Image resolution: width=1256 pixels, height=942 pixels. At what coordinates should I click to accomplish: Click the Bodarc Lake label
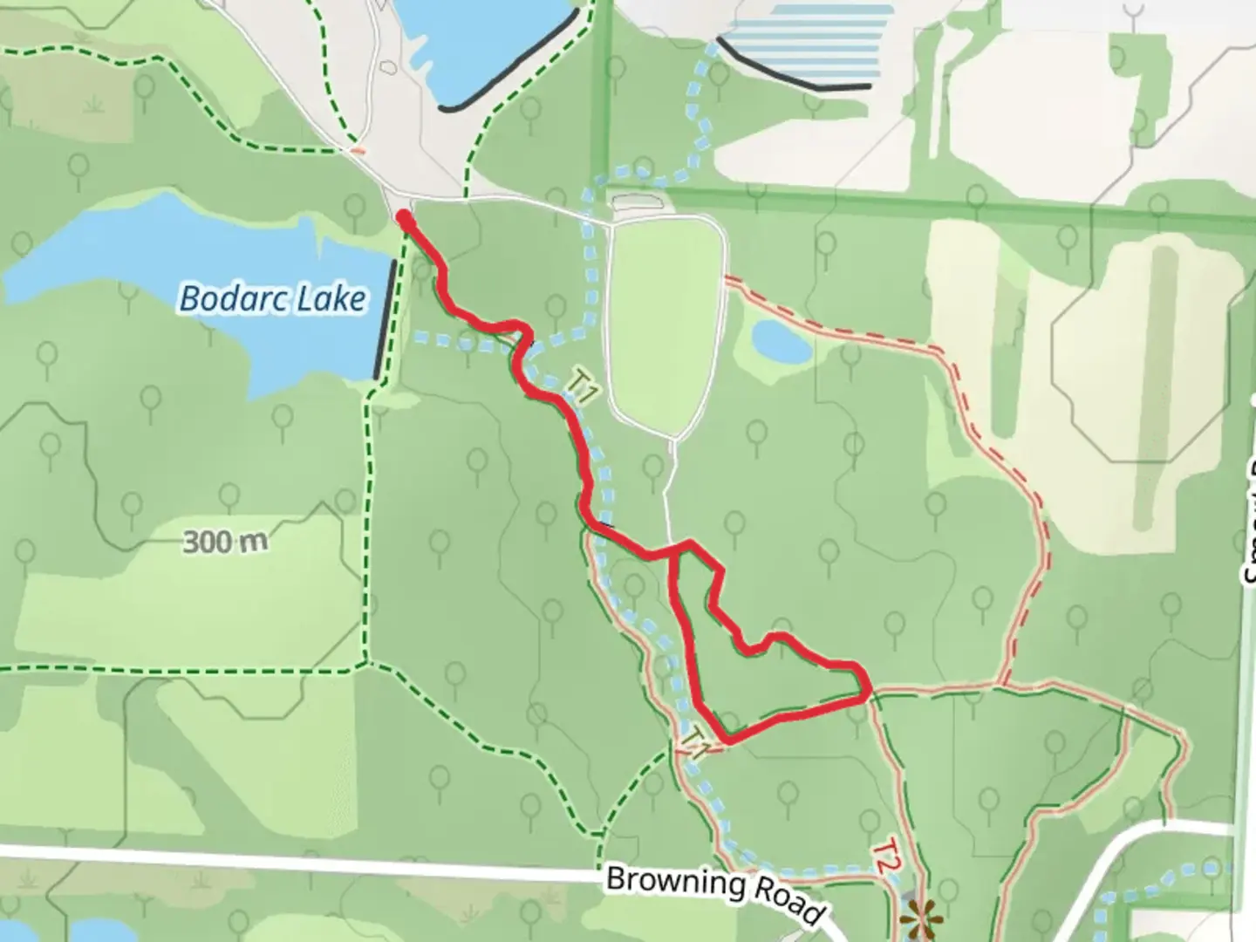click(272, 299)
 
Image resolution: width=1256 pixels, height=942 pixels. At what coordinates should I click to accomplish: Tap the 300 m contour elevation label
click(225, 543)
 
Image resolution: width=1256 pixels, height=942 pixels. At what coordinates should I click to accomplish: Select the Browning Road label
click(713, 891)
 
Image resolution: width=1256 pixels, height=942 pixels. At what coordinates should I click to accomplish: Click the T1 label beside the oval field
click(582, 385)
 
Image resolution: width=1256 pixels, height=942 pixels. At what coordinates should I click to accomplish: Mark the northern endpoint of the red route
click(404, 215)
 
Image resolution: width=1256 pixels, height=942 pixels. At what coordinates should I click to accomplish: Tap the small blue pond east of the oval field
click(782, 341)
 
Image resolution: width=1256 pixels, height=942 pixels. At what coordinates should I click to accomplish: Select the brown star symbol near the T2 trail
click(921, 920)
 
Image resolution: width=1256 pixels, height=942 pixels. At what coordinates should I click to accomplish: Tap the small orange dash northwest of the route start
click(357, 150)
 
